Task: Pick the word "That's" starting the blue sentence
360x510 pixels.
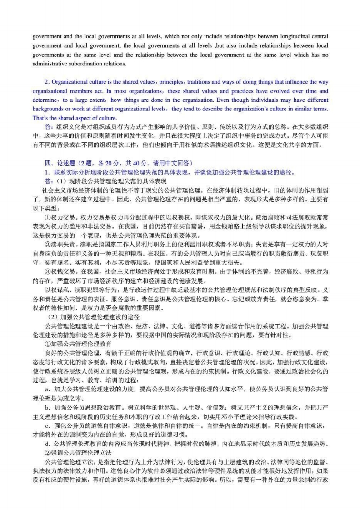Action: (40, 118)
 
